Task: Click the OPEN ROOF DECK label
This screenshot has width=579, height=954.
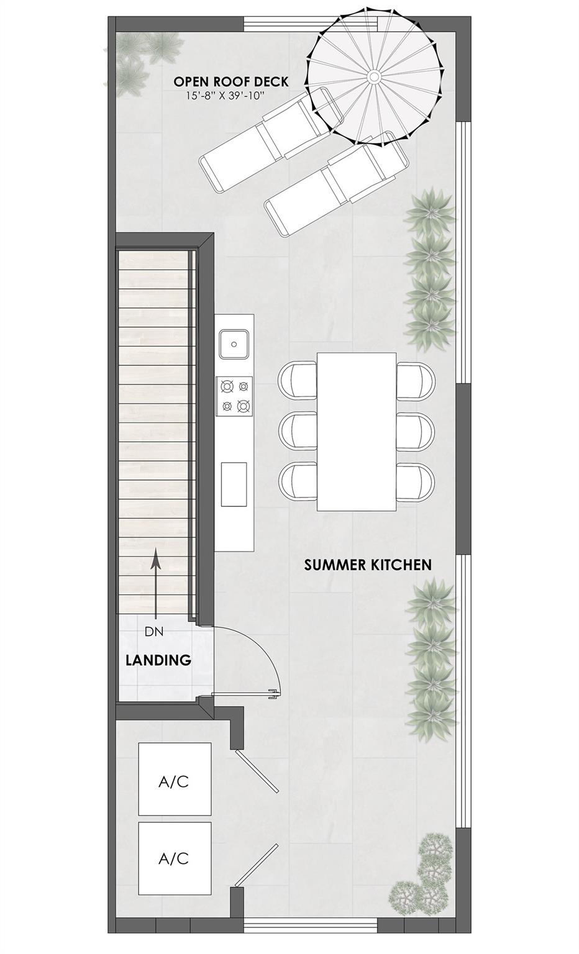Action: pos(230,81)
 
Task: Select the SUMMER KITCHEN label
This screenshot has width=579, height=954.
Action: pos(368,565)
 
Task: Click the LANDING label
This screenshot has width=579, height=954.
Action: pos(158,660)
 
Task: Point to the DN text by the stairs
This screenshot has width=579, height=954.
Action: pos(153,632)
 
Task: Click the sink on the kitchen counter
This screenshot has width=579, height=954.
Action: pos(234,343)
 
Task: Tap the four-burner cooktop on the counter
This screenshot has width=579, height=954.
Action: pos(234,396)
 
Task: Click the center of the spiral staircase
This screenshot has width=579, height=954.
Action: pos(374,76)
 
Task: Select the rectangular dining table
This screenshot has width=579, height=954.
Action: pos(357,432)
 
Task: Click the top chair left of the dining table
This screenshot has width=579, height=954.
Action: pos(297,379)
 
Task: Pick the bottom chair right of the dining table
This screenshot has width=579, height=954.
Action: pos(416,481)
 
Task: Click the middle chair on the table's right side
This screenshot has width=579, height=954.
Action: pos(416,430)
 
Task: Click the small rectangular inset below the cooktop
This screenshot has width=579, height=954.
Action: pos(234,484)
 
